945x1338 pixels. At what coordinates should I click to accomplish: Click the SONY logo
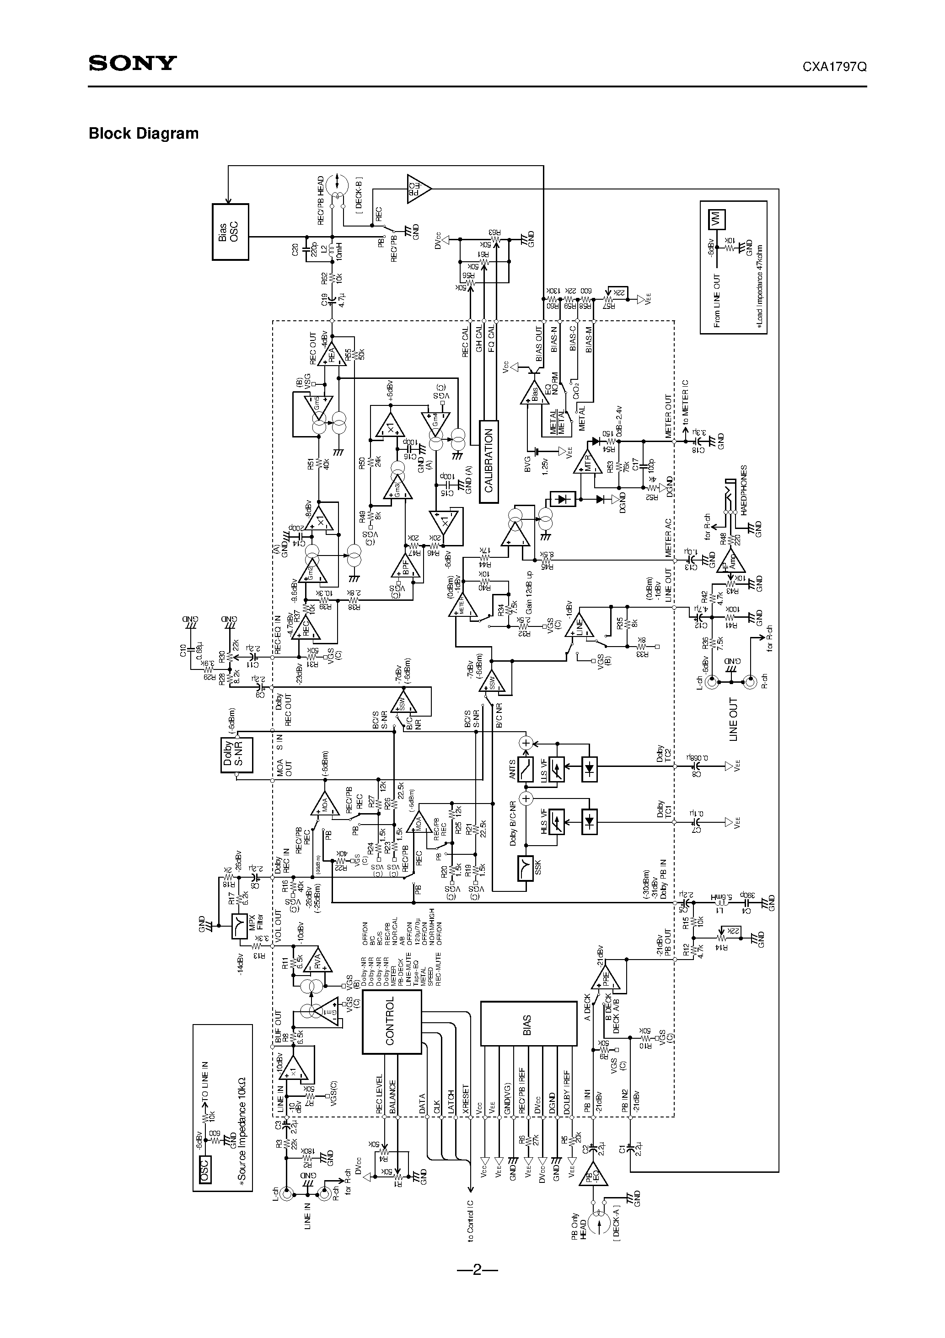pyautogui.click(x=132, y=63)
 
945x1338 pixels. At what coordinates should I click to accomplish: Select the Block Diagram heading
pyautogui.click(x=143, y=134)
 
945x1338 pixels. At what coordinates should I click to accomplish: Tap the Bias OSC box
pyautogui.click(x=230, y=232)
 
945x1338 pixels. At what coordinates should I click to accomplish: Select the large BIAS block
pyautogui.click(x=528, y=1023)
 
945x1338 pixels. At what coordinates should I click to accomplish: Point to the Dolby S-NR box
pyautogui.click(x=236, y=756)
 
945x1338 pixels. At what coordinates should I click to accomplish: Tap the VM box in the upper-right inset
pyautogui.click(x=716, y=219)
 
